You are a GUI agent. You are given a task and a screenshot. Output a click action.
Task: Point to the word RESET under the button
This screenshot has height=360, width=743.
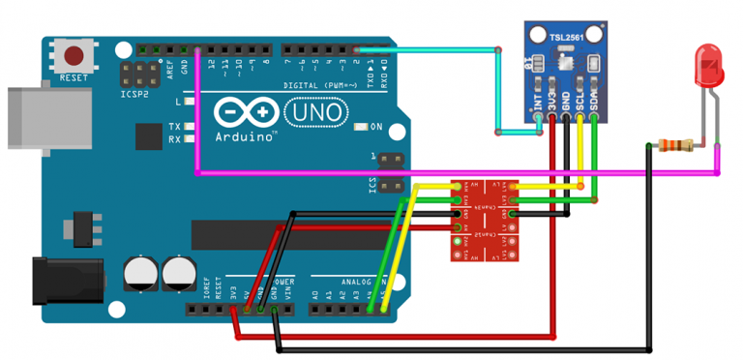[74, 76]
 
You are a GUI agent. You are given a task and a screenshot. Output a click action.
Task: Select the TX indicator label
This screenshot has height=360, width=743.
[174, 127]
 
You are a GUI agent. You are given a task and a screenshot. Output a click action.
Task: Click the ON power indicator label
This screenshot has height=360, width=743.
[376, 127]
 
